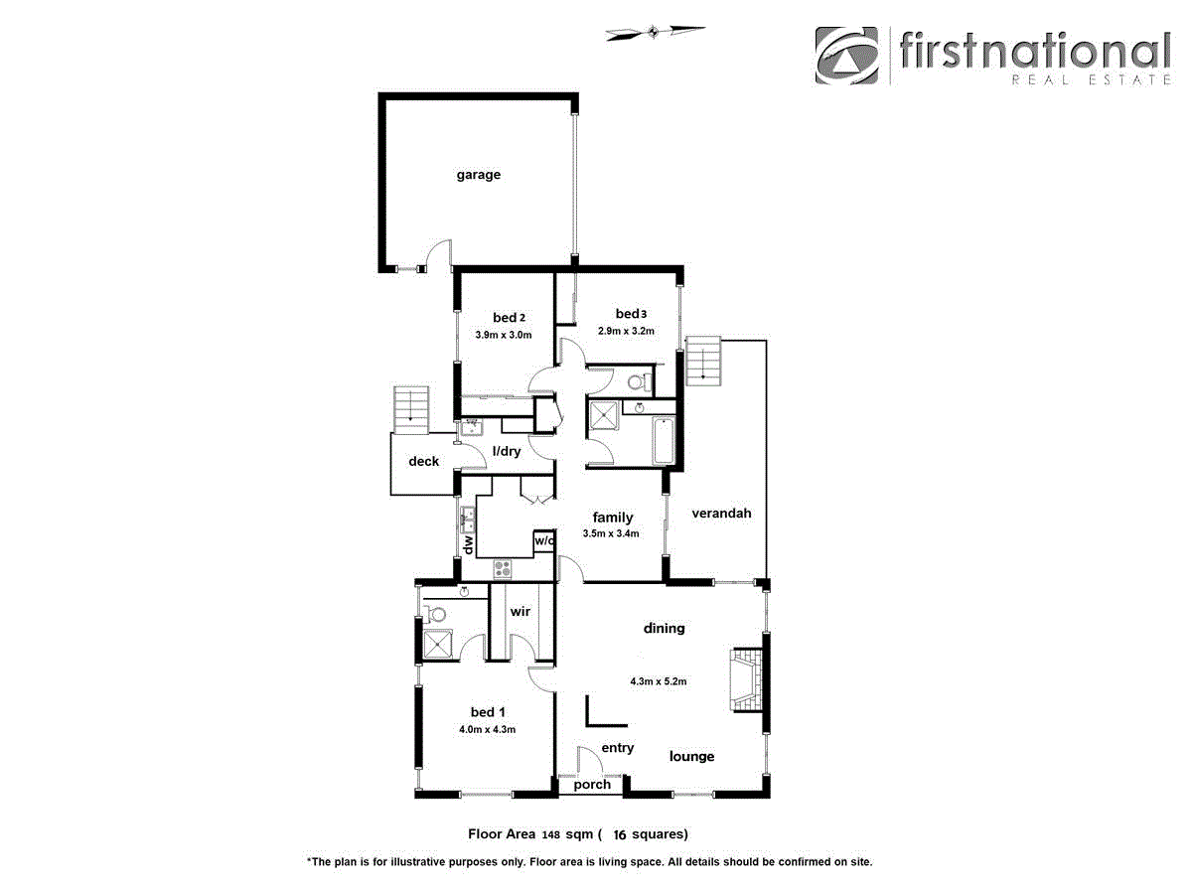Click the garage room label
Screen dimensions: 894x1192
pos(478,175)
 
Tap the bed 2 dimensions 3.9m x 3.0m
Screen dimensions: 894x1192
pos(504,335)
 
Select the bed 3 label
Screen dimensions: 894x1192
pos(631,314)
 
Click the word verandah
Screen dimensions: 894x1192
pos(721,514)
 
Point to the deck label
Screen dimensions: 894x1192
pos(424,461)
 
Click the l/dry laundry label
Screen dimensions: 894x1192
pos(507,452)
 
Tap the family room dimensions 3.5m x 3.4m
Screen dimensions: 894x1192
pos(611,533)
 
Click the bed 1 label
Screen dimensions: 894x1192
pos(488,711)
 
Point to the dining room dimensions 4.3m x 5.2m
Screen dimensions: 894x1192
pos(659,681)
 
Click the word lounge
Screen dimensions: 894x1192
pos(691,756)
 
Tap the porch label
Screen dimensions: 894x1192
pos(592,785)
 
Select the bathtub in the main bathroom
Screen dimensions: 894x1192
pos(665,442)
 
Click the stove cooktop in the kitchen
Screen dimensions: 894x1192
pos(503,569)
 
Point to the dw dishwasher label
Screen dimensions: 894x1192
pos(466,544)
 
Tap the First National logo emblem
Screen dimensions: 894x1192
pos(847,56)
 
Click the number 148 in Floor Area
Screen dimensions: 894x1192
pos(551,834)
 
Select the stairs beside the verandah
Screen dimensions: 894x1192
pos(703,360)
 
